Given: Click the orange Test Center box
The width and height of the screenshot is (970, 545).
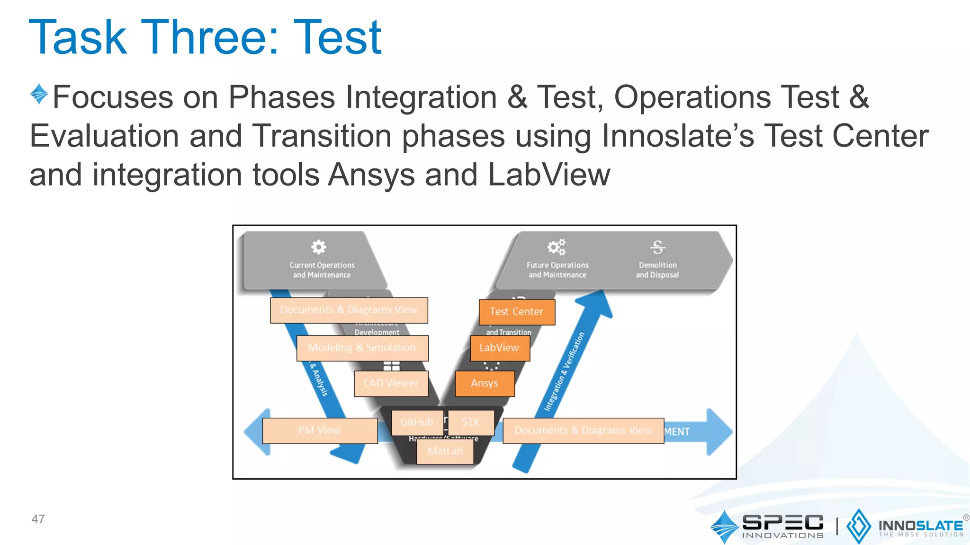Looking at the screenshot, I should [517, 312].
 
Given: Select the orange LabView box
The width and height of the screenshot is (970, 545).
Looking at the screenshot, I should [500, 348].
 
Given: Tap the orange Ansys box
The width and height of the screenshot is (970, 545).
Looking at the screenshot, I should [485, 383].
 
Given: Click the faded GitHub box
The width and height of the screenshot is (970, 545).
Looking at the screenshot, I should [417, 422].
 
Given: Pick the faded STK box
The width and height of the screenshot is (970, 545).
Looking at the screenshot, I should [471, 422].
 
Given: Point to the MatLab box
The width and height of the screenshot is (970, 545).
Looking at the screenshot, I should [445, 451].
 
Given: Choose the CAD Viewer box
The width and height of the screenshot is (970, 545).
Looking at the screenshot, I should [391, 383].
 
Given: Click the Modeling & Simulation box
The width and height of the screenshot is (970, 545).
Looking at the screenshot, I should [362, 348].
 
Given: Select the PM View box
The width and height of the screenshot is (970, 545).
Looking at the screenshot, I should [320, 431].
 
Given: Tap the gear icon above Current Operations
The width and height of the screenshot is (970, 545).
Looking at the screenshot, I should [319, 247].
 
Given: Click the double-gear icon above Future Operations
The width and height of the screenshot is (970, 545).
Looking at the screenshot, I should [557, 247].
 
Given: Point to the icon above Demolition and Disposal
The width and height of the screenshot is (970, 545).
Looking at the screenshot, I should [657, 247].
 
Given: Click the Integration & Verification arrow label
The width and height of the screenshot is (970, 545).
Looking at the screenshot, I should [564, 372].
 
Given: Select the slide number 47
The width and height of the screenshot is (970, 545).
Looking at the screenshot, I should [38, 519].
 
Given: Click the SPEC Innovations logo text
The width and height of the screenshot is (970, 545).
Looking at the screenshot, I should [782, 525].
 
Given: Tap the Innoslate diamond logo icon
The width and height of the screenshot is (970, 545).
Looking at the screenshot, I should [858, 526].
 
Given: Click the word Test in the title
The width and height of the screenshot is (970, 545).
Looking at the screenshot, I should [337, 38].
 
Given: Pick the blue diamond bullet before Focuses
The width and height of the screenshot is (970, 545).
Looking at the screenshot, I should [39, 94].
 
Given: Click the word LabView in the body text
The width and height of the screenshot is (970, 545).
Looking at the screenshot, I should [549, 175].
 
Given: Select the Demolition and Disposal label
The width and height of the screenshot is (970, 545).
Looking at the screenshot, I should [657, 270].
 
